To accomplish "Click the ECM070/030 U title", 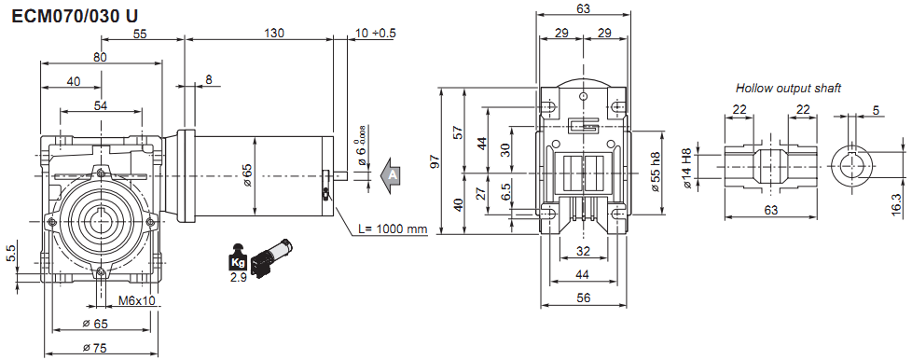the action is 75,16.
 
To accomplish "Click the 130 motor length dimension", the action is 274,34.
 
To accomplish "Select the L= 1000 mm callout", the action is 393,229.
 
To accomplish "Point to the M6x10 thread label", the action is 137,300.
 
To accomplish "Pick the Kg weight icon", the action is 238,257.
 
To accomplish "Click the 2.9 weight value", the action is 238,277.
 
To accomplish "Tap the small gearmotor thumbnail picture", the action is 271,256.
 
